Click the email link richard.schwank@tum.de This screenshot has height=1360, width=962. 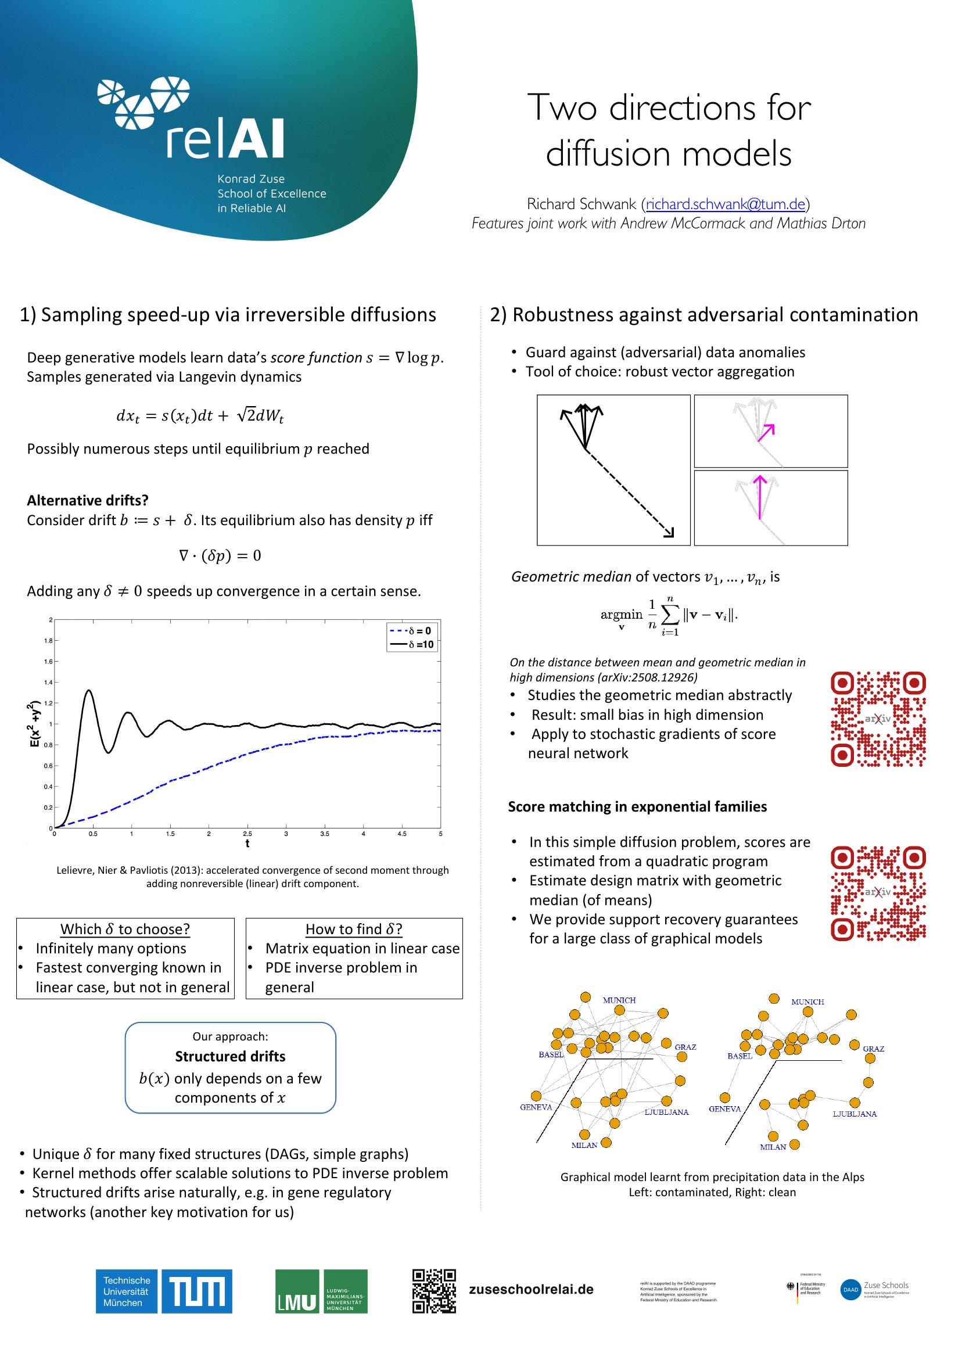pos(725,204)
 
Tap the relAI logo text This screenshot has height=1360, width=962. pos(225,139)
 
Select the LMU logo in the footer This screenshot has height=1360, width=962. pos(321,1291)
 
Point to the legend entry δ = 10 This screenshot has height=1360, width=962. pos(413,644)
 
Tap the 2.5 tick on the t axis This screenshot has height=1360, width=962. pos(247,834)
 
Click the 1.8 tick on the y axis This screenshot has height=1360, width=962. pos(49,640)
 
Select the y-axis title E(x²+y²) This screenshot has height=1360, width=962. pos(35,724)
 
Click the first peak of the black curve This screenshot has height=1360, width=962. pos(88,691)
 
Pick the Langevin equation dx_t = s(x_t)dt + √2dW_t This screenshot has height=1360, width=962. pos(200,416)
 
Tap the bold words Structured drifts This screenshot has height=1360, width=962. pos(230,1056)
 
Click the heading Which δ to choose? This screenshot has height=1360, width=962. pos(125,929)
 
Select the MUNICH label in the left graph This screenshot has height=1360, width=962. pos(619,1000)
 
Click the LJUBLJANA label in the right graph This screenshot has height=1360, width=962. pos(854,1114)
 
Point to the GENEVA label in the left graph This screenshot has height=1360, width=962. pos(536,1107)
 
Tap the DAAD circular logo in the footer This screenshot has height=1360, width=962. pos(850,1290)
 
